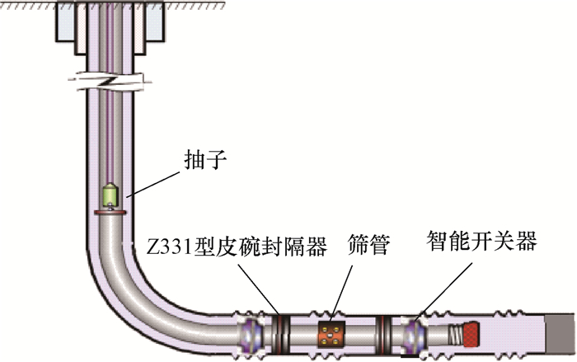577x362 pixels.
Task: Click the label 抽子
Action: [205, 160]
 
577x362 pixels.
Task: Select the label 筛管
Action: [368, 245]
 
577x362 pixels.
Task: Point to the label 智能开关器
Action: [481, 241]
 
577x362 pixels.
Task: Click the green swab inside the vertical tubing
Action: [110, 195]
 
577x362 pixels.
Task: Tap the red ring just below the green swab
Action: [110, 213]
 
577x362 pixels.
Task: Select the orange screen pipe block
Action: [331, 334]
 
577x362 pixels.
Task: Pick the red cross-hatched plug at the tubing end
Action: [471, 334]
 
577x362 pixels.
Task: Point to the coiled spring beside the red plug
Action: [455, 335]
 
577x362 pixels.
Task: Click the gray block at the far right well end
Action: [560, 335]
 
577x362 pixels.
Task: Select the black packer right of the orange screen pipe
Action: [383, 334]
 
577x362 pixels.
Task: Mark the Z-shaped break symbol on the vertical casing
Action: [110, 82]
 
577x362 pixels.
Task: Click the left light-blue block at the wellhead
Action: [66, 24]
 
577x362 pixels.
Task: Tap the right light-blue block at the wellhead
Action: [155, 24]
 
